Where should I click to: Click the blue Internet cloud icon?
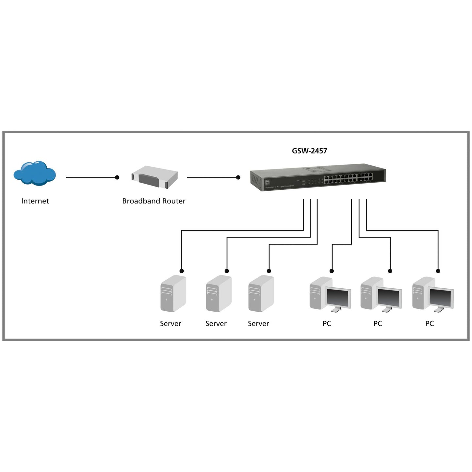35,173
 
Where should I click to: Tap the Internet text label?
35,201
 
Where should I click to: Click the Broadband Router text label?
154,201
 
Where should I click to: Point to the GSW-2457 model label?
309,151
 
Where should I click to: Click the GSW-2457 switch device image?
318,177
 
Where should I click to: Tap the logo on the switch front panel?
268,182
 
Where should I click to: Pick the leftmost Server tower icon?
173,293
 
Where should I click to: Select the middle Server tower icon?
219,293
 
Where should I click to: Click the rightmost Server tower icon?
261,293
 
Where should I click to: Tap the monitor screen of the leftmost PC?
338,297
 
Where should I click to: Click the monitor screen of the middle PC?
389,297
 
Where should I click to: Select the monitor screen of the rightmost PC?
441,297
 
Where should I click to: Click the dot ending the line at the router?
117,177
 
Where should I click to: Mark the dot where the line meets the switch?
238,177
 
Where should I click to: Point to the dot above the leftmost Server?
182,271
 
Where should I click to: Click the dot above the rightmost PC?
438,271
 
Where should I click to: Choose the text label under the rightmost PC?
429,323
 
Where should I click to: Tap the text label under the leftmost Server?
170,323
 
